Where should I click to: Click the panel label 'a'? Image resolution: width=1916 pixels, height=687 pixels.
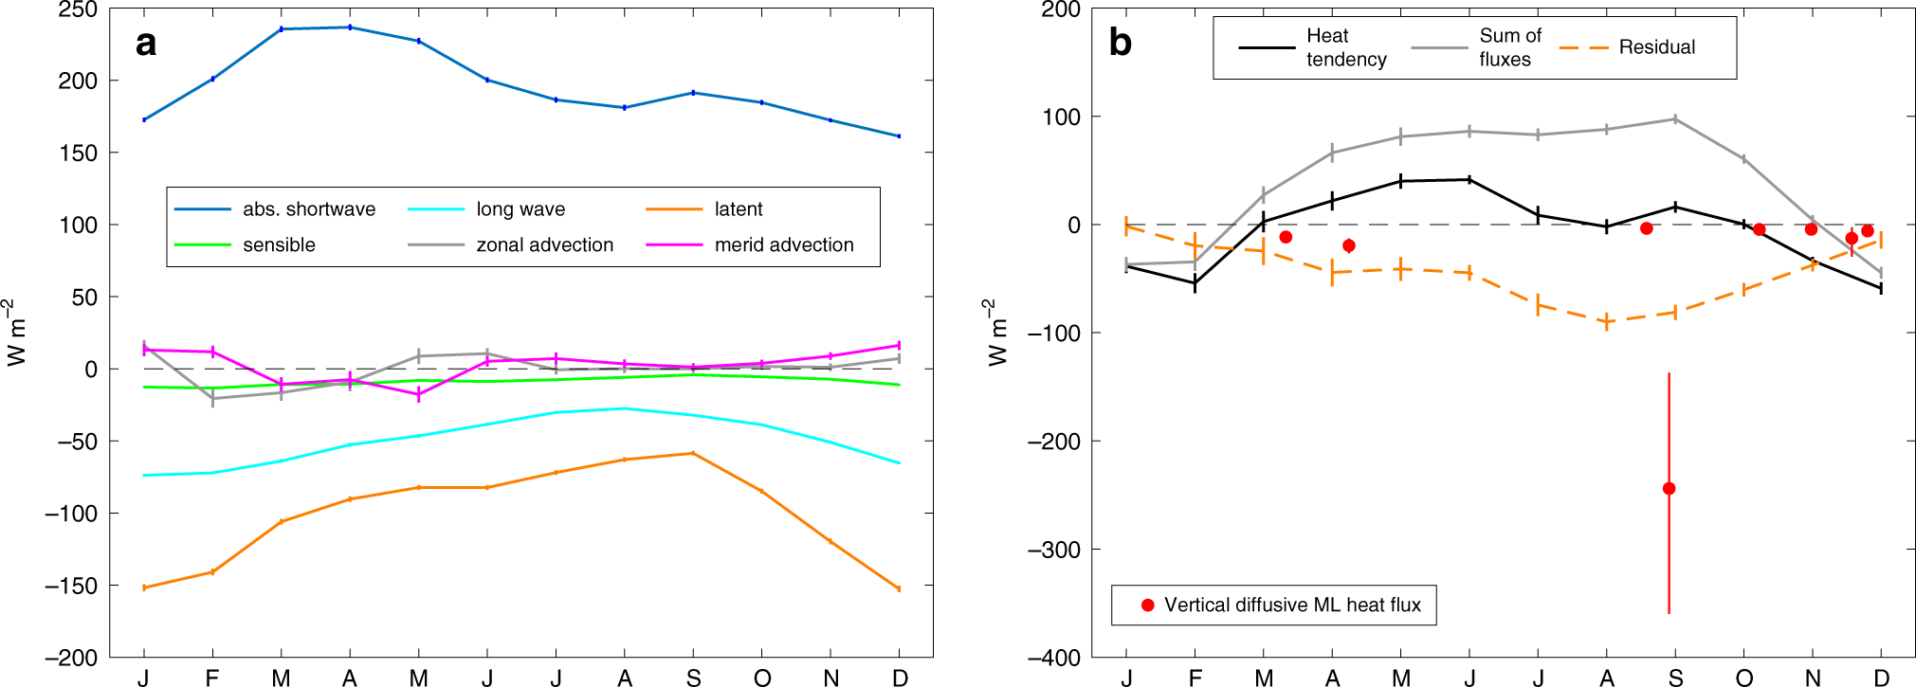(145, 44)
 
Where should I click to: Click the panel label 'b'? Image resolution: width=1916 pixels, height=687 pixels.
(1120, 44)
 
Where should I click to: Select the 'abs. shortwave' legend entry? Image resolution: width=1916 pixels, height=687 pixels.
(308, 209)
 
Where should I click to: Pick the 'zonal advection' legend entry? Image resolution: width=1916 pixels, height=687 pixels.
(544, 245)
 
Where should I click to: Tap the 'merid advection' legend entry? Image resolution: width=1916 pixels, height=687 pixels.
(783, 245)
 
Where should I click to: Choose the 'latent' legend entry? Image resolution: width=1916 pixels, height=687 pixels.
(738, 209)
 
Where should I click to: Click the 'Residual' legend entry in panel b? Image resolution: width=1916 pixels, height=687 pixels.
(1656, 47)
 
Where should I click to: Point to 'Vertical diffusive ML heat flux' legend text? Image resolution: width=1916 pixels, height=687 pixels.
(1292, 606)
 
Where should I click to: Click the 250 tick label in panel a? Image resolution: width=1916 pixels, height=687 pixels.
(78, 10)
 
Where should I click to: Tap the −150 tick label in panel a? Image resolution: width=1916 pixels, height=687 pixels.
(71, 586)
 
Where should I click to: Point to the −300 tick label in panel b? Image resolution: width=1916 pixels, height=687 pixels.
(1053, 550)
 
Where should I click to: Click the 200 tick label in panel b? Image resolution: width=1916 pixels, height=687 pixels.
(1060, 10)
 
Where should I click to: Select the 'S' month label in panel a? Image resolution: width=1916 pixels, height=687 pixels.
(694, 678)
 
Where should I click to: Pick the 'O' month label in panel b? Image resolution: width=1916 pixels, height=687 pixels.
(1744, 678)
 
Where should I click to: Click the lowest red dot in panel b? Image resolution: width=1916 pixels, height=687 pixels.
(1669, 489)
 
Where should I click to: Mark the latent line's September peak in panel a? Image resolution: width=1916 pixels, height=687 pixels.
(693, 453)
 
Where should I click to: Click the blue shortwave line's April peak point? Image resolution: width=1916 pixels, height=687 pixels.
(350, 27)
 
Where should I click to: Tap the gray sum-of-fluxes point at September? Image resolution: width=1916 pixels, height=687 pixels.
(1675, 119)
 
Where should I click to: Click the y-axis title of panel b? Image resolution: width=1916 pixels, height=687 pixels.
(994, 333)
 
